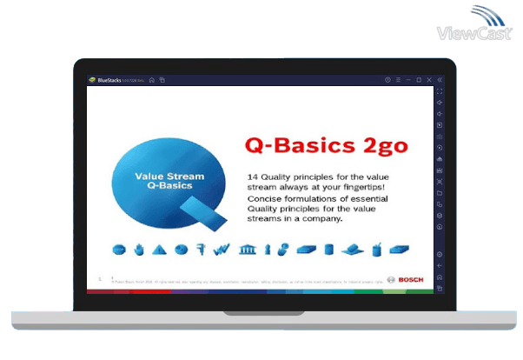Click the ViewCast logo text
pyautogui.click(x=474, y=34)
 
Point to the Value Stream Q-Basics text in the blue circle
pyautogui.click(x=169, y=180)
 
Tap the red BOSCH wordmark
pyautogui.click(x=411, y=279)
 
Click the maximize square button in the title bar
pyautogui.click(x=419, y=80)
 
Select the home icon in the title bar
pyautogui.click(x=151, y=80)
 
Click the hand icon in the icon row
pyautogui.click(x=138, y=250)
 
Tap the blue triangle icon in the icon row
pyautogui.click(x=159, y=250)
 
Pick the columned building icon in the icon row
pyautogui.click(x=247, y=250)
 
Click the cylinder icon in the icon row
pyautogui.click(x=328, y=250)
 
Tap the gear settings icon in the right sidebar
pyautogui.click(x=440, y=254)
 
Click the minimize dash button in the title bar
pyautogui.click(x=408, y=80)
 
